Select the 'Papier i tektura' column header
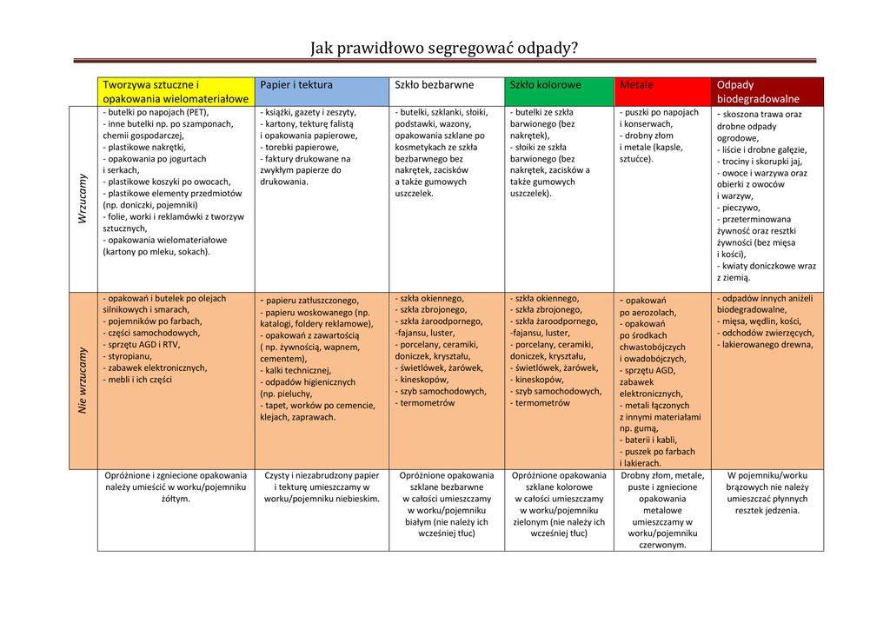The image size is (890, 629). coord(296,85)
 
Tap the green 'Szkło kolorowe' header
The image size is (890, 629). coord(546,85)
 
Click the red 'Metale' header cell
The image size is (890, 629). coord(636,85)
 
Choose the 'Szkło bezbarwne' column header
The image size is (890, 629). coord(435,85)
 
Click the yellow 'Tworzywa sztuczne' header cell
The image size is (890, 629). coord(175,92)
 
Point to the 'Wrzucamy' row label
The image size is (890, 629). coord(83,198)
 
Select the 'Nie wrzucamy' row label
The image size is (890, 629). coord(83,380)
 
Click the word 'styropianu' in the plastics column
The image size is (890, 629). coord(130,356)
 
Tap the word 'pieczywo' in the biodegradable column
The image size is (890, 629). coord(740,208)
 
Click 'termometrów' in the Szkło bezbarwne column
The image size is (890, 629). coord(427,403)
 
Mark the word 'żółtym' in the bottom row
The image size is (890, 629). coord(176,499)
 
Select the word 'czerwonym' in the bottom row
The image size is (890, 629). coord(662,545)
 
